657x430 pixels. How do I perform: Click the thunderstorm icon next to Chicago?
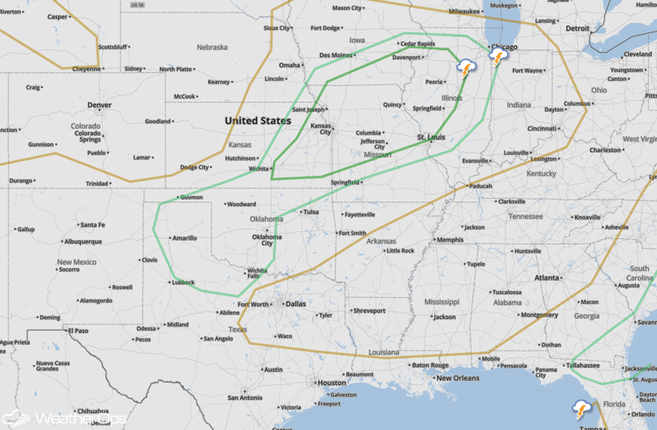click(499, 59)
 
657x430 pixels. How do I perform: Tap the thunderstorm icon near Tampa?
click(581, 409)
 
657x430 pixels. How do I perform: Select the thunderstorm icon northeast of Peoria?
click(465, 69)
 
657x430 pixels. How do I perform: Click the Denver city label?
click(99, 105)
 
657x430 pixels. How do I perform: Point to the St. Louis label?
click(433, 137)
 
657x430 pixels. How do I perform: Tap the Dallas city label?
click(296, 303)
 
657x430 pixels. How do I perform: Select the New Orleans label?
click(457, 378)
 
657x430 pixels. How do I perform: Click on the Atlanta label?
click(547, 278)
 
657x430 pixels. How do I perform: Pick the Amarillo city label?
click(184, 237)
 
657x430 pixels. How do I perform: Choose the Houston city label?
click(332, 383)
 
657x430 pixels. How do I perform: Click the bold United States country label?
click(258, 120)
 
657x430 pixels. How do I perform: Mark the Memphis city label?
click(449, 239)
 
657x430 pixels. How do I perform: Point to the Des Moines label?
click(336, 55)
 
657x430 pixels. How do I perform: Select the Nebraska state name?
click(211, 47)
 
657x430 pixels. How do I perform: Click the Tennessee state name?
click(525, 216)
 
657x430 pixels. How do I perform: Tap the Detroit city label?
click(577, 28)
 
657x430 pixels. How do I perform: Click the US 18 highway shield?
click(135, 4)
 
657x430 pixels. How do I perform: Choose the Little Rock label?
click(399, 251)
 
